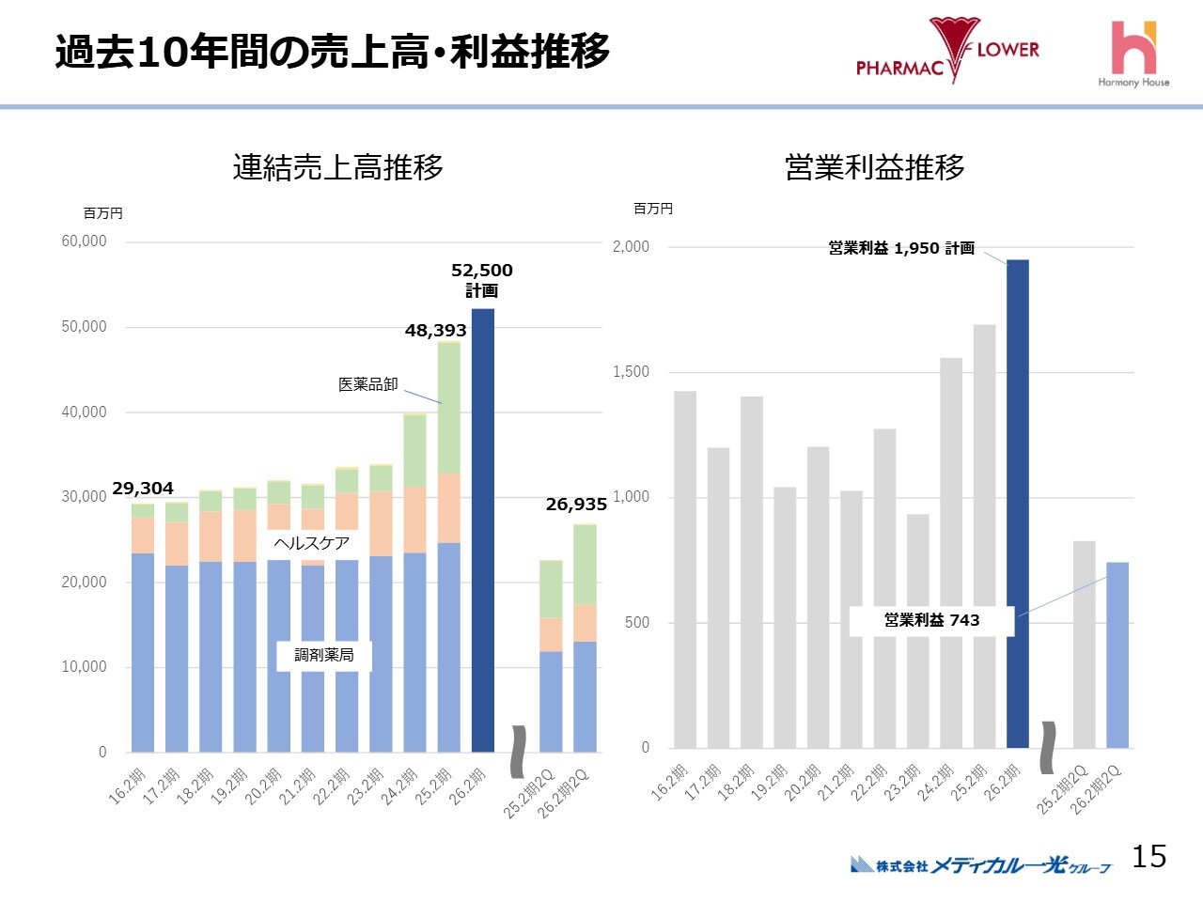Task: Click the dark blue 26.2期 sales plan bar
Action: point(482,530)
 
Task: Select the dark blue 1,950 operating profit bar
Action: point(1017,504)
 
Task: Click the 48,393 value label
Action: point(435,331)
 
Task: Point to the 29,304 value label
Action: point(143,489)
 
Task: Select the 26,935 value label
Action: point(575,505)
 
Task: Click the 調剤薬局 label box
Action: point(324,655)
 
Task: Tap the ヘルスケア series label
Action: point(311,543)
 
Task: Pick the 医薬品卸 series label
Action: point(367,384)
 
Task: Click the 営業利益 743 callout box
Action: point(931,620)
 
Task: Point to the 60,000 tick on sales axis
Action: point(84,241)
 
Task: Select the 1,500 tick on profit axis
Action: point(631,372)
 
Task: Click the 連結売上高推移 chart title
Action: point(337,167)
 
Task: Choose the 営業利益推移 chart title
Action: point(874,167)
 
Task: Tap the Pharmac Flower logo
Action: point(947,52)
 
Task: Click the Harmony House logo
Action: point(1133,54)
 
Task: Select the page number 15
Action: point(1148,856)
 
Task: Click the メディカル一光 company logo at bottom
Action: point(980,864)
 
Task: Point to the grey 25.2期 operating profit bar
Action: point(984,536)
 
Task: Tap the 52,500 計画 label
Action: point(481,280)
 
